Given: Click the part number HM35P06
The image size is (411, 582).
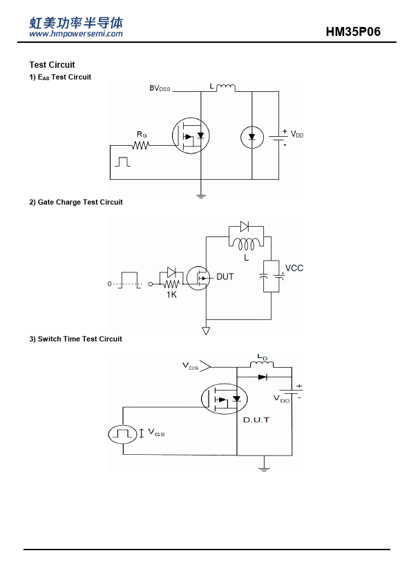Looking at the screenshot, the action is (x=353, y=32).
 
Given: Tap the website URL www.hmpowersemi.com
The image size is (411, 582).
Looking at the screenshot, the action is (x=76, y=34).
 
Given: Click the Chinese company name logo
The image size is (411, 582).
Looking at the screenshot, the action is (x=76, y=23).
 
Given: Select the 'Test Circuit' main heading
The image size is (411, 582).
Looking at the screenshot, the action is (x=52, y=65).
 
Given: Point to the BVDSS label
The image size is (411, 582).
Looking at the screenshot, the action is (x=160, y=88).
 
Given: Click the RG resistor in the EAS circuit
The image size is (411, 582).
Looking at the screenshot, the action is (x=141, y=145).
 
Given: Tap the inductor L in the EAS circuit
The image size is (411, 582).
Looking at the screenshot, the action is (x=225, y=88).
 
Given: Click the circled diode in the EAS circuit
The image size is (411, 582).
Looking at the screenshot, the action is (x=252, y=138).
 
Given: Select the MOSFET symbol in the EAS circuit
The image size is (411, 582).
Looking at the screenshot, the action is (x=191, y=136).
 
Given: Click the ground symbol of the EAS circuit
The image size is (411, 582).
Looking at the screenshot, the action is (x=201, y=196).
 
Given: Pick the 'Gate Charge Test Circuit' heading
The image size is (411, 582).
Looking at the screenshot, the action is (x=76, y=203).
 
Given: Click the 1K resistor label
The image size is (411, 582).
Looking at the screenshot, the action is (x=171, y=294).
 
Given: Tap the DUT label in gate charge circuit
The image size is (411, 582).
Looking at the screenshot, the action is (x=224, y=277).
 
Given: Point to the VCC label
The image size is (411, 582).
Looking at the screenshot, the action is (x=294, y=268).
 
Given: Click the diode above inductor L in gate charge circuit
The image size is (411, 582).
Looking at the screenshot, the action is (x=245, y=226).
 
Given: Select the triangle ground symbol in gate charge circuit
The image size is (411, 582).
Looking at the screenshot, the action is (x=206, y=330).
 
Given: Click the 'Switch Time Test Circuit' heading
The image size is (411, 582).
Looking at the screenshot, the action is (x=75, y=339).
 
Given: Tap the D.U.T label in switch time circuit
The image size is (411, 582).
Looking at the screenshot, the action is (x=256, y=420).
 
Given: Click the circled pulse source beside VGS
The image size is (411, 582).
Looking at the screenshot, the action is (x=122, y=434).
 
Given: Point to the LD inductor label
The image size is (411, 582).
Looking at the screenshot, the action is (x=262, y=357).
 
